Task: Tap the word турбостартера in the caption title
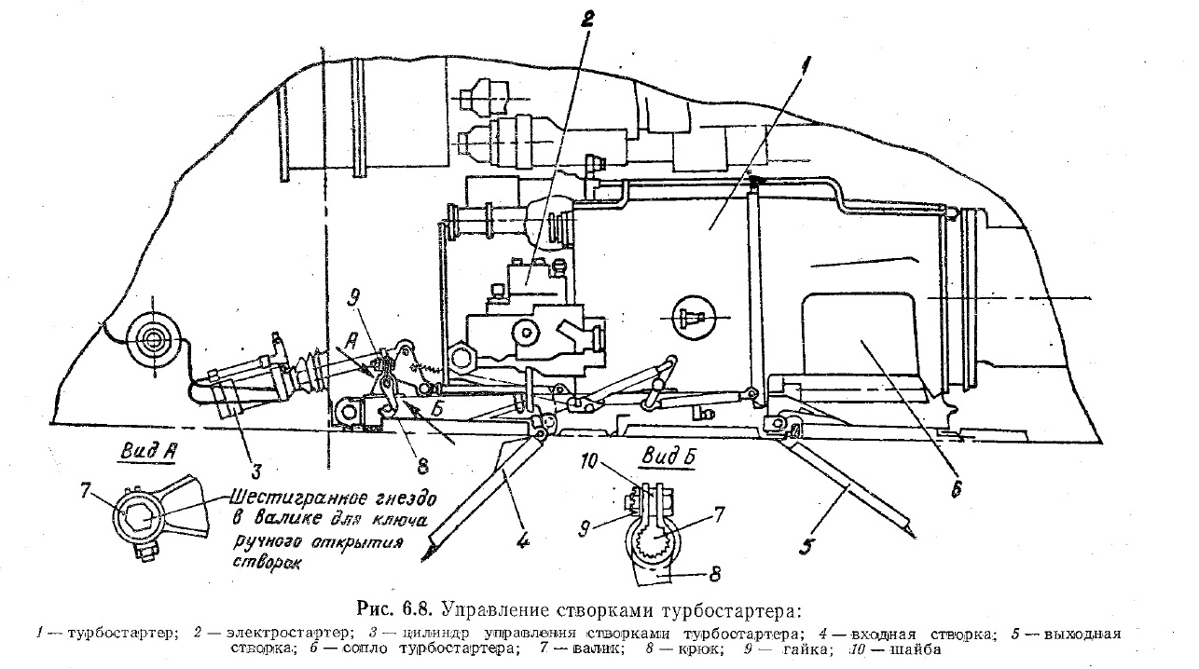pyautogui.click(x=737, y=611)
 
